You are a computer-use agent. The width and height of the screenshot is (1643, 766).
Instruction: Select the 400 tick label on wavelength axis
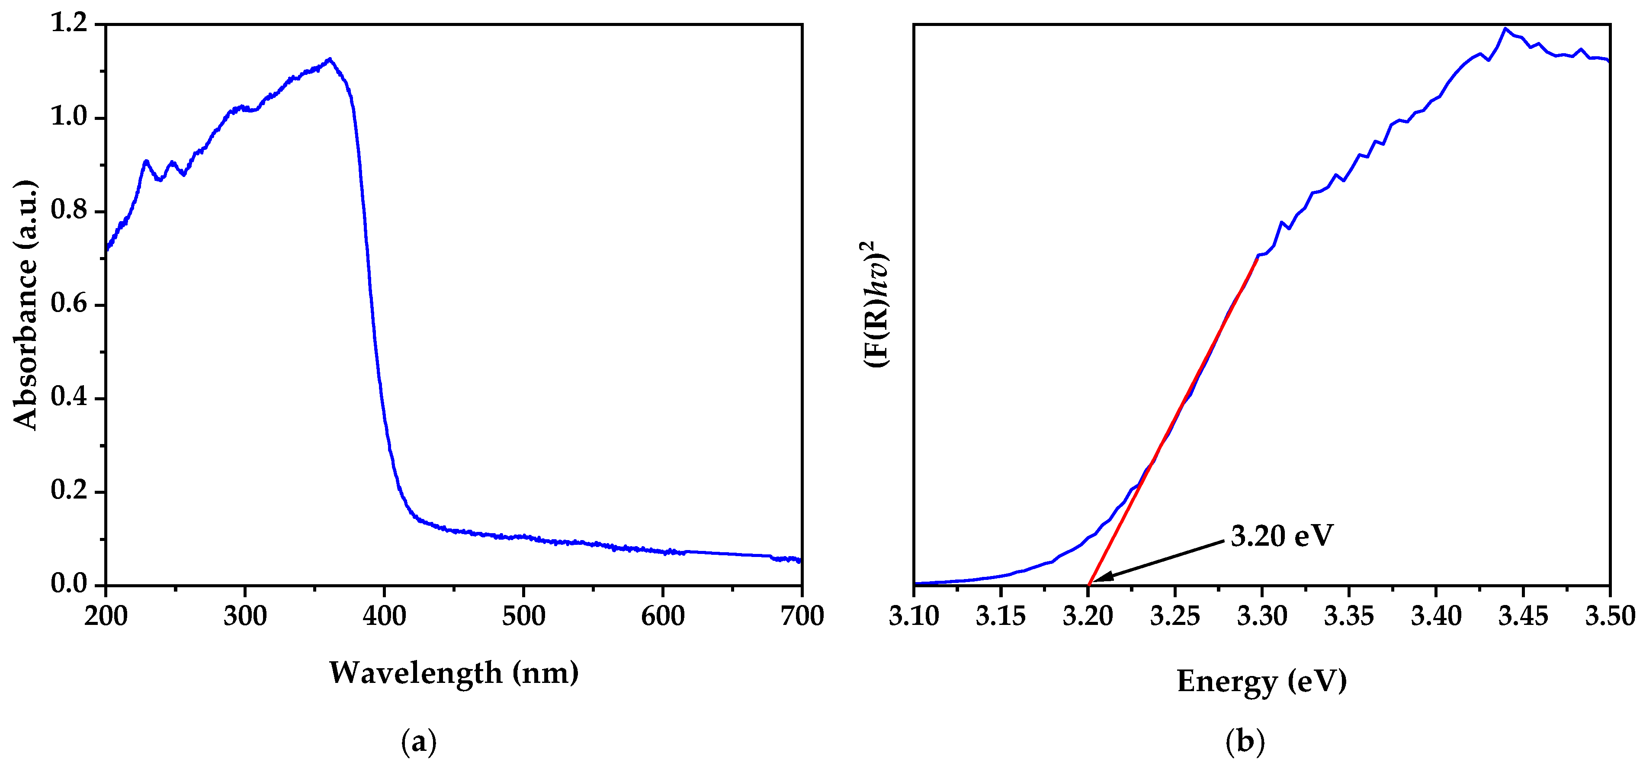pyautogui.click(x=384, y=616)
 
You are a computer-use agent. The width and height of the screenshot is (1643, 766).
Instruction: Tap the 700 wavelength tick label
pyautogui.click(x=802, y=616)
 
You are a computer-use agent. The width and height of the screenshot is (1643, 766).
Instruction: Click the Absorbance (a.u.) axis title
pyautogui.click(x=26, y=305)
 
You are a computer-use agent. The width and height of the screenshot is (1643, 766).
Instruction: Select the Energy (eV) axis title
pyautogui.click(x=1261, y=681)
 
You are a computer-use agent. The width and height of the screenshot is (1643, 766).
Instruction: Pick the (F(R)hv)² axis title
pyautogui.click(x=877, y=304)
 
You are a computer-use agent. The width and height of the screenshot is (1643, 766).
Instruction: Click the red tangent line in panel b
pyautogui.click(x=1174, y=421)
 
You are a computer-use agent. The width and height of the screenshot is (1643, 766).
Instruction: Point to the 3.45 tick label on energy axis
pyautogui.click(x=1523, y=616)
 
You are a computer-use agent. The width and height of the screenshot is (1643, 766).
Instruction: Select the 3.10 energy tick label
pyautogui.click(x=914, y=616)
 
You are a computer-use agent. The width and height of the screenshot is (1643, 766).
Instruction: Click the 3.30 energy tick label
pyautogui.click(x=1262, y=616)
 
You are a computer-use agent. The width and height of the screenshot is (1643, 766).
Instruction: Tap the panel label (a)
pyautogui.click(x=419, y=742)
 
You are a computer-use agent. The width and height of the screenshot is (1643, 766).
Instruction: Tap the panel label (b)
pyautogui.click(x=1245, y=742)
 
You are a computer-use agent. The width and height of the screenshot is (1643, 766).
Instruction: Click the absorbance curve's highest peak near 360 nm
pyautogui.click(x=329, y=59)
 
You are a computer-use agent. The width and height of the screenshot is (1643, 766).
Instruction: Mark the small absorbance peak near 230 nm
pyautogui.click(x=146, y=161)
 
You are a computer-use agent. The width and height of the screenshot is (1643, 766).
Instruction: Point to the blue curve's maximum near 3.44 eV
pyautogui.click(x=1505, y=29)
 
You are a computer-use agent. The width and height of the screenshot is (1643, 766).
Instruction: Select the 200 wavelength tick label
pyautogui.click(x=106, y=616)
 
